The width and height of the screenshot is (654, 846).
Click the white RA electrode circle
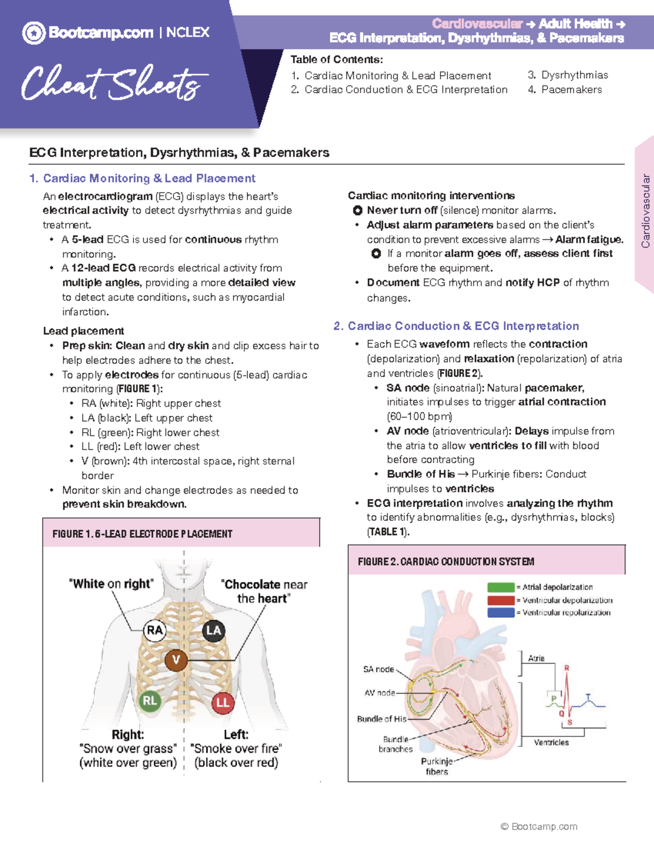155,631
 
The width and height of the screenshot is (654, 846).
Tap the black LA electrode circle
213,631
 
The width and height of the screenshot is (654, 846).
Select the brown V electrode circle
176,660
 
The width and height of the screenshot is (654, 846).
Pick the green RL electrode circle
150,701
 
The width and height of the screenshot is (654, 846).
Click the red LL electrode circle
223,703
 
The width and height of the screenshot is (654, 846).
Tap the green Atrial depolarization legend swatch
501,587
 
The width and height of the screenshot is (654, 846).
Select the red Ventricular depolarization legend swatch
501,600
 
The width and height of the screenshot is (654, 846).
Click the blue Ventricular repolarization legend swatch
501,613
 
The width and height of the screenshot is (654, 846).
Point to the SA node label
378,670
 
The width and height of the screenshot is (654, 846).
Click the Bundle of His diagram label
381,719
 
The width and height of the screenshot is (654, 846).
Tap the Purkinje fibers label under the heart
437,766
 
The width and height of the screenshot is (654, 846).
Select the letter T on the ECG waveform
588,697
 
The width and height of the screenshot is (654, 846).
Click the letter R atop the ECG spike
567,668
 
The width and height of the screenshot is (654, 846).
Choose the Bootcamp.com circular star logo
34,33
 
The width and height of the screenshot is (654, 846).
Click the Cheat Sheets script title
114,84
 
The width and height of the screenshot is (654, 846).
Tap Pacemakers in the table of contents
571,89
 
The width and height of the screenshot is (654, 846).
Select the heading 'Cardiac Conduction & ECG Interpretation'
463,326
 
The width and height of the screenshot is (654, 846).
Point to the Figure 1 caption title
142,534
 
